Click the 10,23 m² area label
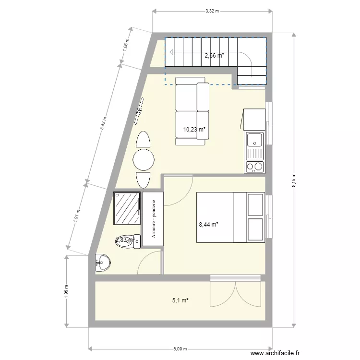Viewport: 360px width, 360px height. point(194,129)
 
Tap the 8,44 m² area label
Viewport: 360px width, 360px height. point(209,224)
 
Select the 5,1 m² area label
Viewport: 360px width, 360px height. point(180,300)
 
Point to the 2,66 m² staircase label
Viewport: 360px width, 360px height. point(214,55)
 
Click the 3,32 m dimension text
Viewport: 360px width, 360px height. point(212,11)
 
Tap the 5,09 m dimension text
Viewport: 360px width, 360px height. point(180,349)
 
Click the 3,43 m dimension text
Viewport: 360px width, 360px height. point(103,126)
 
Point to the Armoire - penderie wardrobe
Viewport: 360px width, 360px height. point(154,219)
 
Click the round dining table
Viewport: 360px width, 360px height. point(144,160)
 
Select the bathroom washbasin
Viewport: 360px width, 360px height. point(102,263)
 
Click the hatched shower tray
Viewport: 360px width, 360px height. point(127,208)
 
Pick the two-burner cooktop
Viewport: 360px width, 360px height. point(254,167)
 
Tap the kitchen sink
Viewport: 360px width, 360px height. point(254,141)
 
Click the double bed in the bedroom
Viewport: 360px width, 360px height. point(230,217)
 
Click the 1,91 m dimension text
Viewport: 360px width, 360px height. point(76,216)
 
